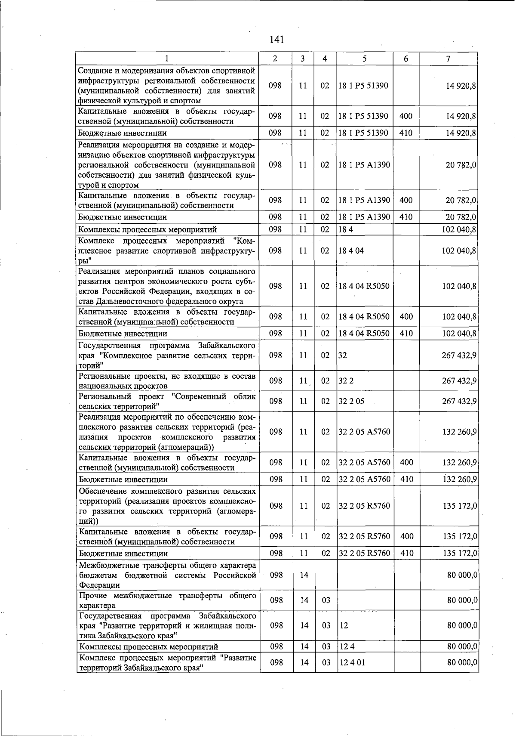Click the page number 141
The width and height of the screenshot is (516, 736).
pyautogui.click(x=277, y=40)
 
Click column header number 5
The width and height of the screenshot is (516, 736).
pyautogui.click(x=364, y=59)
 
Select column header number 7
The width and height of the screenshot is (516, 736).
pyautogui.click(x=448, y=59)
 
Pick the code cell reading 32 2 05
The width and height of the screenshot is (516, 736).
pyautogui.click(x=352, y=401)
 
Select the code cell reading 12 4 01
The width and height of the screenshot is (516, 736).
pyautogui.click(x=352, y=662)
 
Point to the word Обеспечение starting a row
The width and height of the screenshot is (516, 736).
pyautogui.click(x=102, y=491)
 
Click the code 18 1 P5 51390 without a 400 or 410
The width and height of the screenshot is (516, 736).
pyautogui.click(x=363, y=86)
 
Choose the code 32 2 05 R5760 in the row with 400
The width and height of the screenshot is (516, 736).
pyautogui.click(x=365, y=536)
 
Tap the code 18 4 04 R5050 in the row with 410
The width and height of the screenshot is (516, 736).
pyautogui.click(x=364, y=334)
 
